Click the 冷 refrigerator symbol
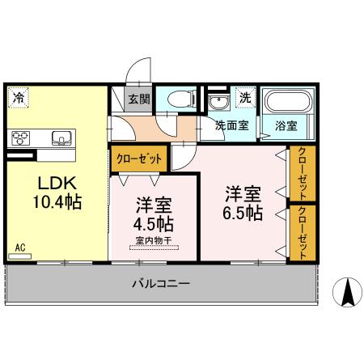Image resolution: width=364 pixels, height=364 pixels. pyautogui.click(x=17, y=98)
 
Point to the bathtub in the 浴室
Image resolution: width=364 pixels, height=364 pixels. pyautogui.click(x=287, y=104)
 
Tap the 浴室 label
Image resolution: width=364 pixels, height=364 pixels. pyautogui.click(x=286, y=126)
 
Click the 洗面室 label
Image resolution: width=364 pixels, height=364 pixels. pyautogui.click(x=231, y=126)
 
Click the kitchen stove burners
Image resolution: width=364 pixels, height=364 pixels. pyautogui.click(x=20, y=137)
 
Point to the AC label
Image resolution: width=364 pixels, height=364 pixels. pyautogui.click(x=19, y=243)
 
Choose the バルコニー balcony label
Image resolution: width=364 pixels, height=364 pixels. pyautogui.click(x=161, y=285)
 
